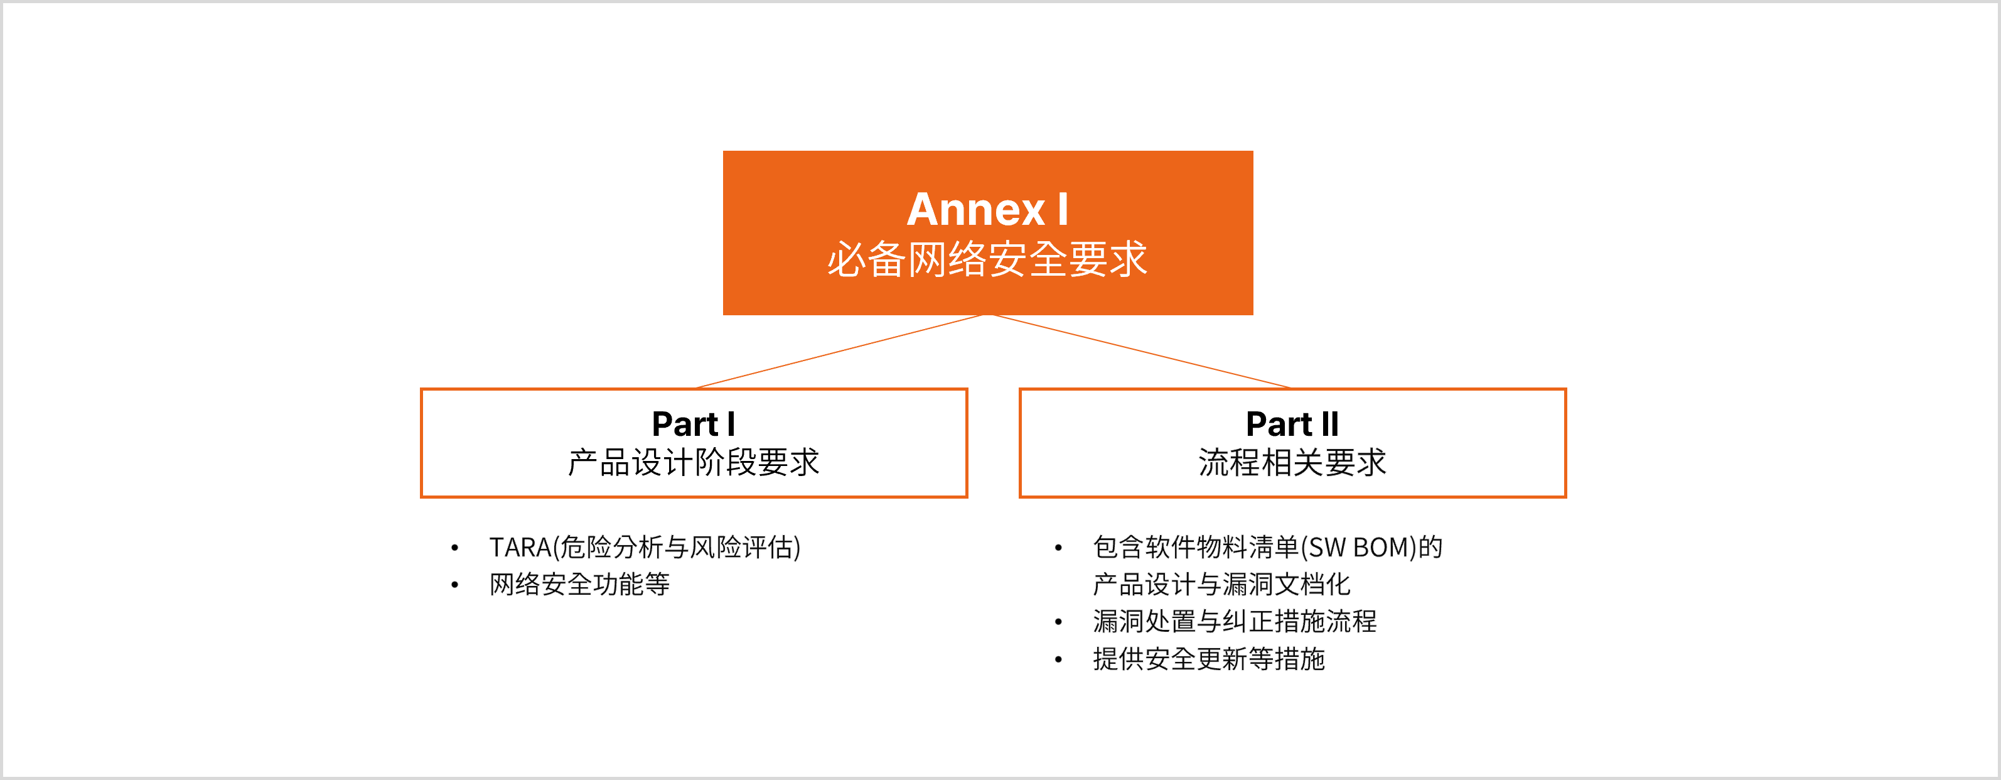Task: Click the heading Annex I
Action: click(987, 209)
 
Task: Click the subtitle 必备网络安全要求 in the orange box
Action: click(987, 259)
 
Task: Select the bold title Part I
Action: click(694, 424)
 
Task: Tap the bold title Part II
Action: click(1292, 424)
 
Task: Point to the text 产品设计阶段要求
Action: click(694, 462)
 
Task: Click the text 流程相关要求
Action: click(1292, 462)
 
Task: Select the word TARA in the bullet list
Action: click(520, 547)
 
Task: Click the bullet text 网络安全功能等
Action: click(579, 584)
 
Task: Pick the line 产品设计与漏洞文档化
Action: click(1221, 584)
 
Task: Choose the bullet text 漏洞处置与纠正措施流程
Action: click(1235, 622)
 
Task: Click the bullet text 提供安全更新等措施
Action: click(1209, 659)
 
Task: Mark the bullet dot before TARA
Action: click(454, 548)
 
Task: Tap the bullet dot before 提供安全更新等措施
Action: click(1058, 659)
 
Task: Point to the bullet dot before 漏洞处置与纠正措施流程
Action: click(1058, 622)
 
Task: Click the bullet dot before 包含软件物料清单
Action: click(1058, 548)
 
